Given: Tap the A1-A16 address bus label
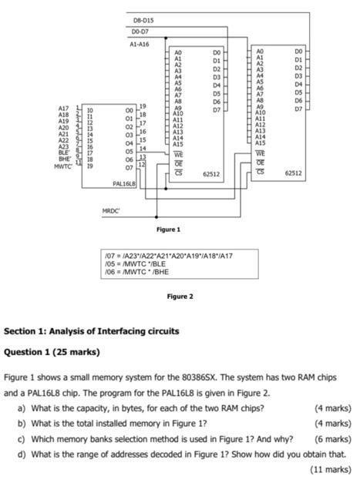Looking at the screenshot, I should [139, 44].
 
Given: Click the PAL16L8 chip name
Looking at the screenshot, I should [123, 184].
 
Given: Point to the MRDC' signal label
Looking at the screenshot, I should [113, 210].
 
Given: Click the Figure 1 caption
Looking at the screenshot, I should [168, 230].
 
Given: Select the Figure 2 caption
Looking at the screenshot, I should [180, 297].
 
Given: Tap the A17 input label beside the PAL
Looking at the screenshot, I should [63, 109].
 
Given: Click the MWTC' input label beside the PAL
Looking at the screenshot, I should [63, 166].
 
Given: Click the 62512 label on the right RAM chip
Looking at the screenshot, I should [294, 174].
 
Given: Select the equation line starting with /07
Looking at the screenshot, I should [170, 255].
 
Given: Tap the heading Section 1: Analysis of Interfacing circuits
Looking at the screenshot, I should [91, 331].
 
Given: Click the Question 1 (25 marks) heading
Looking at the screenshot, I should [52, 353].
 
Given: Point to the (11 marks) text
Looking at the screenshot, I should [330, 468].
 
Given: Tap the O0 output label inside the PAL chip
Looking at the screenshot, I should [127, 110].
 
